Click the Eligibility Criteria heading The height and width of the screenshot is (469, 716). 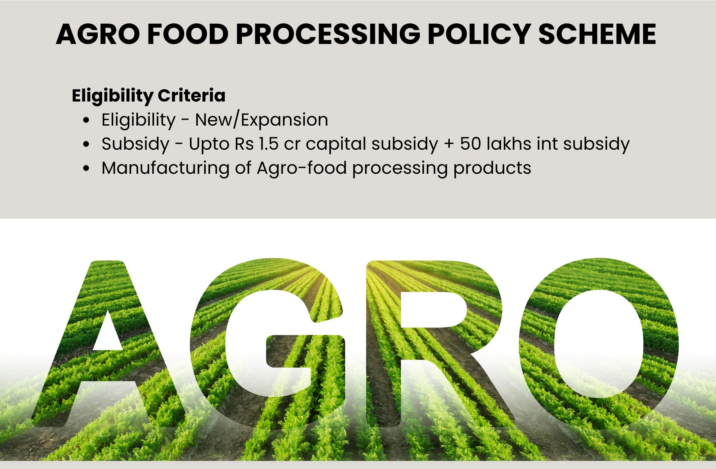coord(148,96)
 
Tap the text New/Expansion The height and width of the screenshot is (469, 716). coord(261,120)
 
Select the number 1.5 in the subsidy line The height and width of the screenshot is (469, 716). coord(268,144)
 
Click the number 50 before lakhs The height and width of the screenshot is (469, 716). coord(470,144)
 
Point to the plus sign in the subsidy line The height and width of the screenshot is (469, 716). coord(449,144)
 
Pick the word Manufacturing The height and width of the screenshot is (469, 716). coord(165,168)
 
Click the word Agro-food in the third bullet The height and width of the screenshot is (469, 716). coord(302,168)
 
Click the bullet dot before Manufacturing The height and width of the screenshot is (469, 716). coord(86,169)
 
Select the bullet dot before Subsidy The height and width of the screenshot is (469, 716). coord(86,144)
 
